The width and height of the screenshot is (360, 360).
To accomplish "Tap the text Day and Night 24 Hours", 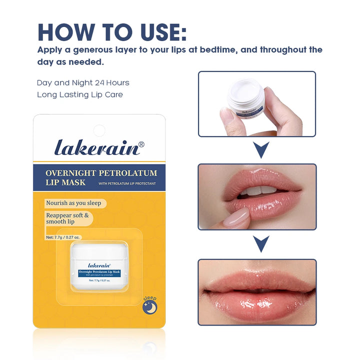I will [82, 82].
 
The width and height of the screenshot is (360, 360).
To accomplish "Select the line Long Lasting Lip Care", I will [79, 94].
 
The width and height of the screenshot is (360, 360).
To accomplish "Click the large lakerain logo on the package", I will [99, 148].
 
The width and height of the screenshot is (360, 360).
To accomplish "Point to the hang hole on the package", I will [99, 130].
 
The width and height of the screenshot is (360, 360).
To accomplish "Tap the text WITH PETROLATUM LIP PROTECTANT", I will [127, 183].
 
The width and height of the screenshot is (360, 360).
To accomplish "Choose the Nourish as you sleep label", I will [73, 203].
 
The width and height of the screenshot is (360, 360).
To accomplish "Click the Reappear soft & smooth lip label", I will [67, 218].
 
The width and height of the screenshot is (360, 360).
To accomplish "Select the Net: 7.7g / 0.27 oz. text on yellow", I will [63, 237].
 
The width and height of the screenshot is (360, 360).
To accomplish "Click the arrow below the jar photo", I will [260, 149].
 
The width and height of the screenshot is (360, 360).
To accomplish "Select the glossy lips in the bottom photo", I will [257, 292].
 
